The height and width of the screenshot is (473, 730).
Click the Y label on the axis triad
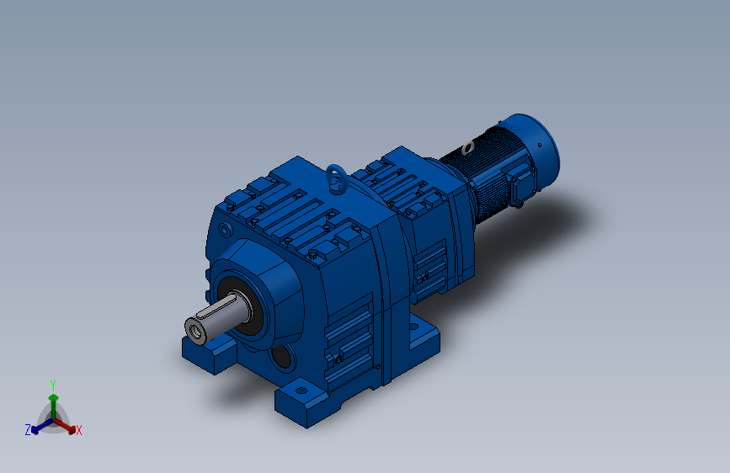(53, 385)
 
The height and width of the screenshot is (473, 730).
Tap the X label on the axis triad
(78, 430)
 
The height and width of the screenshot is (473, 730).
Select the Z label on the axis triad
(28, 430)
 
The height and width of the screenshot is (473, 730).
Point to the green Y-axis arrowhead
(54, 397)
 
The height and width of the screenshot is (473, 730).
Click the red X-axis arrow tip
(72, 431)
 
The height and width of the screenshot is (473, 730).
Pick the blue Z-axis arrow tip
(35, 431)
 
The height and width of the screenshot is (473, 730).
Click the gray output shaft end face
(195, 331)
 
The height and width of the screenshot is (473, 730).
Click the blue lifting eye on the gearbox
(335, 178)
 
